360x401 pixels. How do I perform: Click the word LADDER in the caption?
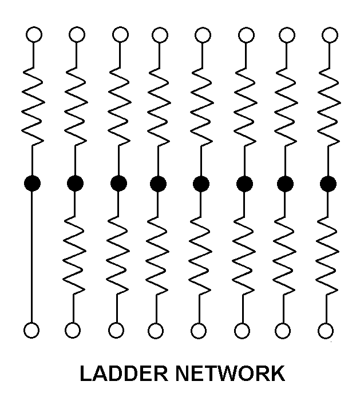tap(124, 374)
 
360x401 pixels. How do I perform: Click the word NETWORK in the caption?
tap(230, 374)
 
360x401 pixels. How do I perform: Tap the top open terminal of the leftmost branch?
tap(34, 34)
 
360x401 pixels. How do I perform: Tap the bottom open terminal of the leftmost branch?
tap(31, 330)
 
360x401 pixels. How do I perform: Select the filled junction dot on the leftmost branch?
tap(32, 183)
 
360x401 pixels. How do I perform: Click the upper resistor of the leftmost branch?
tap(33, 106)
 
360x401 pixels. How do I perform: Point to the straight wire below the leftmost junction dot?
tap(31, 256)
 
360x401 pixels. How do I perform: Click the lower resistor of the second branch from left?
tap(74, 255)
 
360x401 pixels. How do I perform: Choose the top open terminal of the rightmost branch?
tap(330, 35)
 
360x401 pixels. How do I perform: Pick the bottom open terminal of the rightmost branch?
tap(326, 331)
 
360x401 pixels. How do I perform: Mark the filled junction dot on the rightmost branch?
tap(329, 184)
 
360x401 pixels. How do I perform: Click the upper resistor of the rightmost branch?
tap(329, 106)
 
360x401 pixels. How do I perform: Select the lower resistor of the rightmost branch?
tap(327, 255)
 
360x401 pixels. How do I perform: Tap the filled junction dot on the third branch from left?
tap(118, 184)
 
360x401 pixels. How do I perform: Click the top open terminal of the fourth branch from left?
tap(160, 35)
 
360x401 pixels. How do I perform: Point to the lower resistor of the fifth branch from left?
tap(200, 255)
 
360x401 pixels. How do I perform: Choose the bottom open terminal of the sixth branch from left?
tap(242, 331)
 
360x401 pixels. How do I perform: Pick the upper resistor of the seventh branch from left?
tap(286, 106)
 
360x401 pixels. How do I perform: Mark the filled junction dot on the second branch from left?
tap(75, 184)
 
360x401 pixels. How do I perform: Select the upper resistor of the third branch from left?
tap(119, 106)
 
